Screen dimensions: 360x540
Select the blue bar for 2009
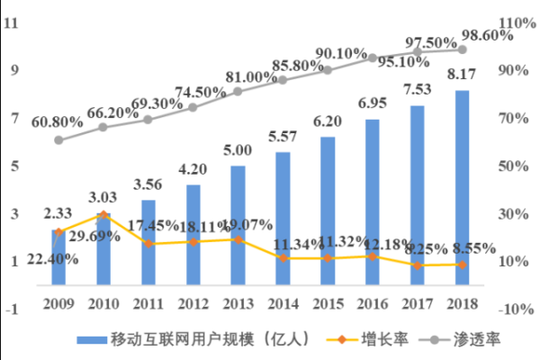pyautogui.click(x=58, y=256)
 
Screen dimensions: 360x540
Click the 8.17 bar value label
pyautogui.click(x=463, y=74)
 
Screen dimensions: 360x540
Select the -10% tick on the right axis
pyautogui.click(x=517, y=309)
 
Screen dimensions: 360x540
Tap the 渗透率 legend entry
pyautogui.click(x=481, y=339)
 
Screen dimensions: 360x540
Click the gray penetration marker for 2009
pyautogui.click(x=58, y=140)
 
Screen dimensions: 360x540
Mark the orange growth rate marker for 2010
pyautogui.click(x=103, y=214)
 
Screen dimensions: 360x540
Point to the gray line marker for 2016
pyautogui.click(x=373, y=58)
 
